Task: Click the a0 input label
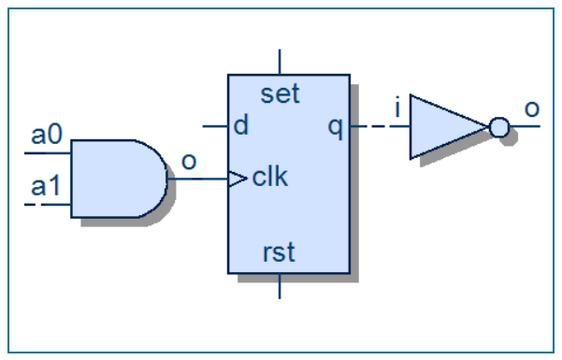click(x=47, y=136)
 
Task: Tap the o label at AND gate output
click(x=188, y=161)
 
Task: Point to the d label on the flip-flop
click(x=241, y=126)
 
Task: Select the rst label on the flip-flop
click(x=280, y=253)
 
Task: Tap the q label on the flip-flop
click(x=335, y=126)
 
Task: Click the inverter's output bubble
click(x=499, y=126)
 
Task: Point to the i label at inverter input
click(x=397, y=110)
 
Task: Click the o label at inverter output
click(x=531, y=108)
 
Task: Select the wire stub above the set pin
click(x=280, y=61)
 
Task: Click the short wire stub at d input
click(x=216, y=126)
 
